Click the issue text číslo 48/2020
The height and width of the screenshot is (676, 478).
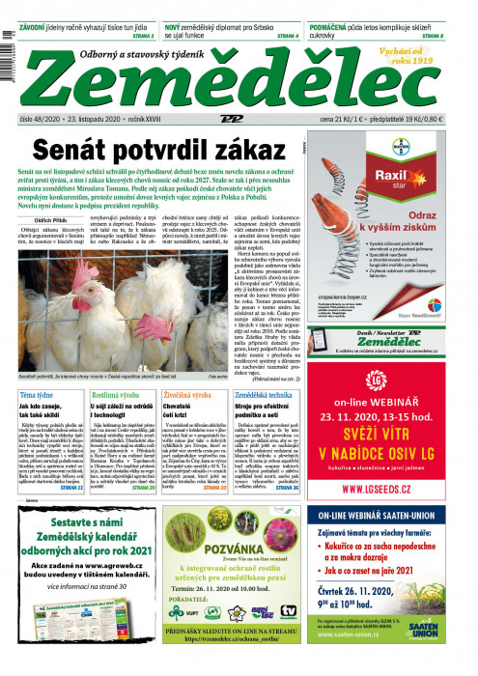pyautogui.click(x=41, y=118)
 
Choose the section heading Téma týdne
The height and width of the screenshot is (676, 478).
pyautogui.click(x=38, y=397)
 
